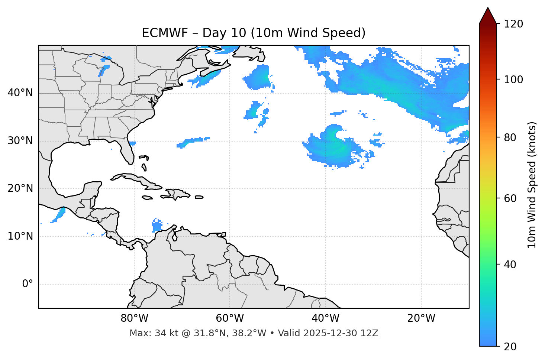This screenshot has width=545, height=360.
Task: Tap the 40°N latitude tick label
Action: tap(20, 93)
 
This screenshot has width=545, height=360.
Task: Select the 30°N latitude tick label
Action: tap(20, 141)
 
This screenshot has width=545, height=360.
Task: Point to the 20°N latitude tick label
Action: tap(20, 188)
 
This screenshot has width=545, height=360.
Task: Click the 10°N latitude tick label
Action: tap(20, 236)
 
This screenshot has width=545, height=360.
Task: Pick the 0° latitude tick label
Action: tap(27, 284)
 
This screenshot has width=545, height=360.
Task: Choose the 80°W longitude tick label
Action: tap(134, 318)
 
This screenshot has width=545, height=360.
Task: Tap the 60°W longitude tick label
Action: tap(230, 318)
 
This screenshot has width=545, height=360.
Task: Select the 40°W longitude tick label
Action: tap(325, 318)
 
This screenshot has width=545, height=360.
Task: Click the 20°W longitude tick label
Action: tap(421, 318)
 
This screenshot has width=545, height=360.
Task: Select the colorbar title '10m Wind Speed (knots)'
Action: tap(532, 185)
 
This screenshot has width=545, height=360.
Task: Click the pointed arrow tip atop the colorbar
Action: tap(488, 9)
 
